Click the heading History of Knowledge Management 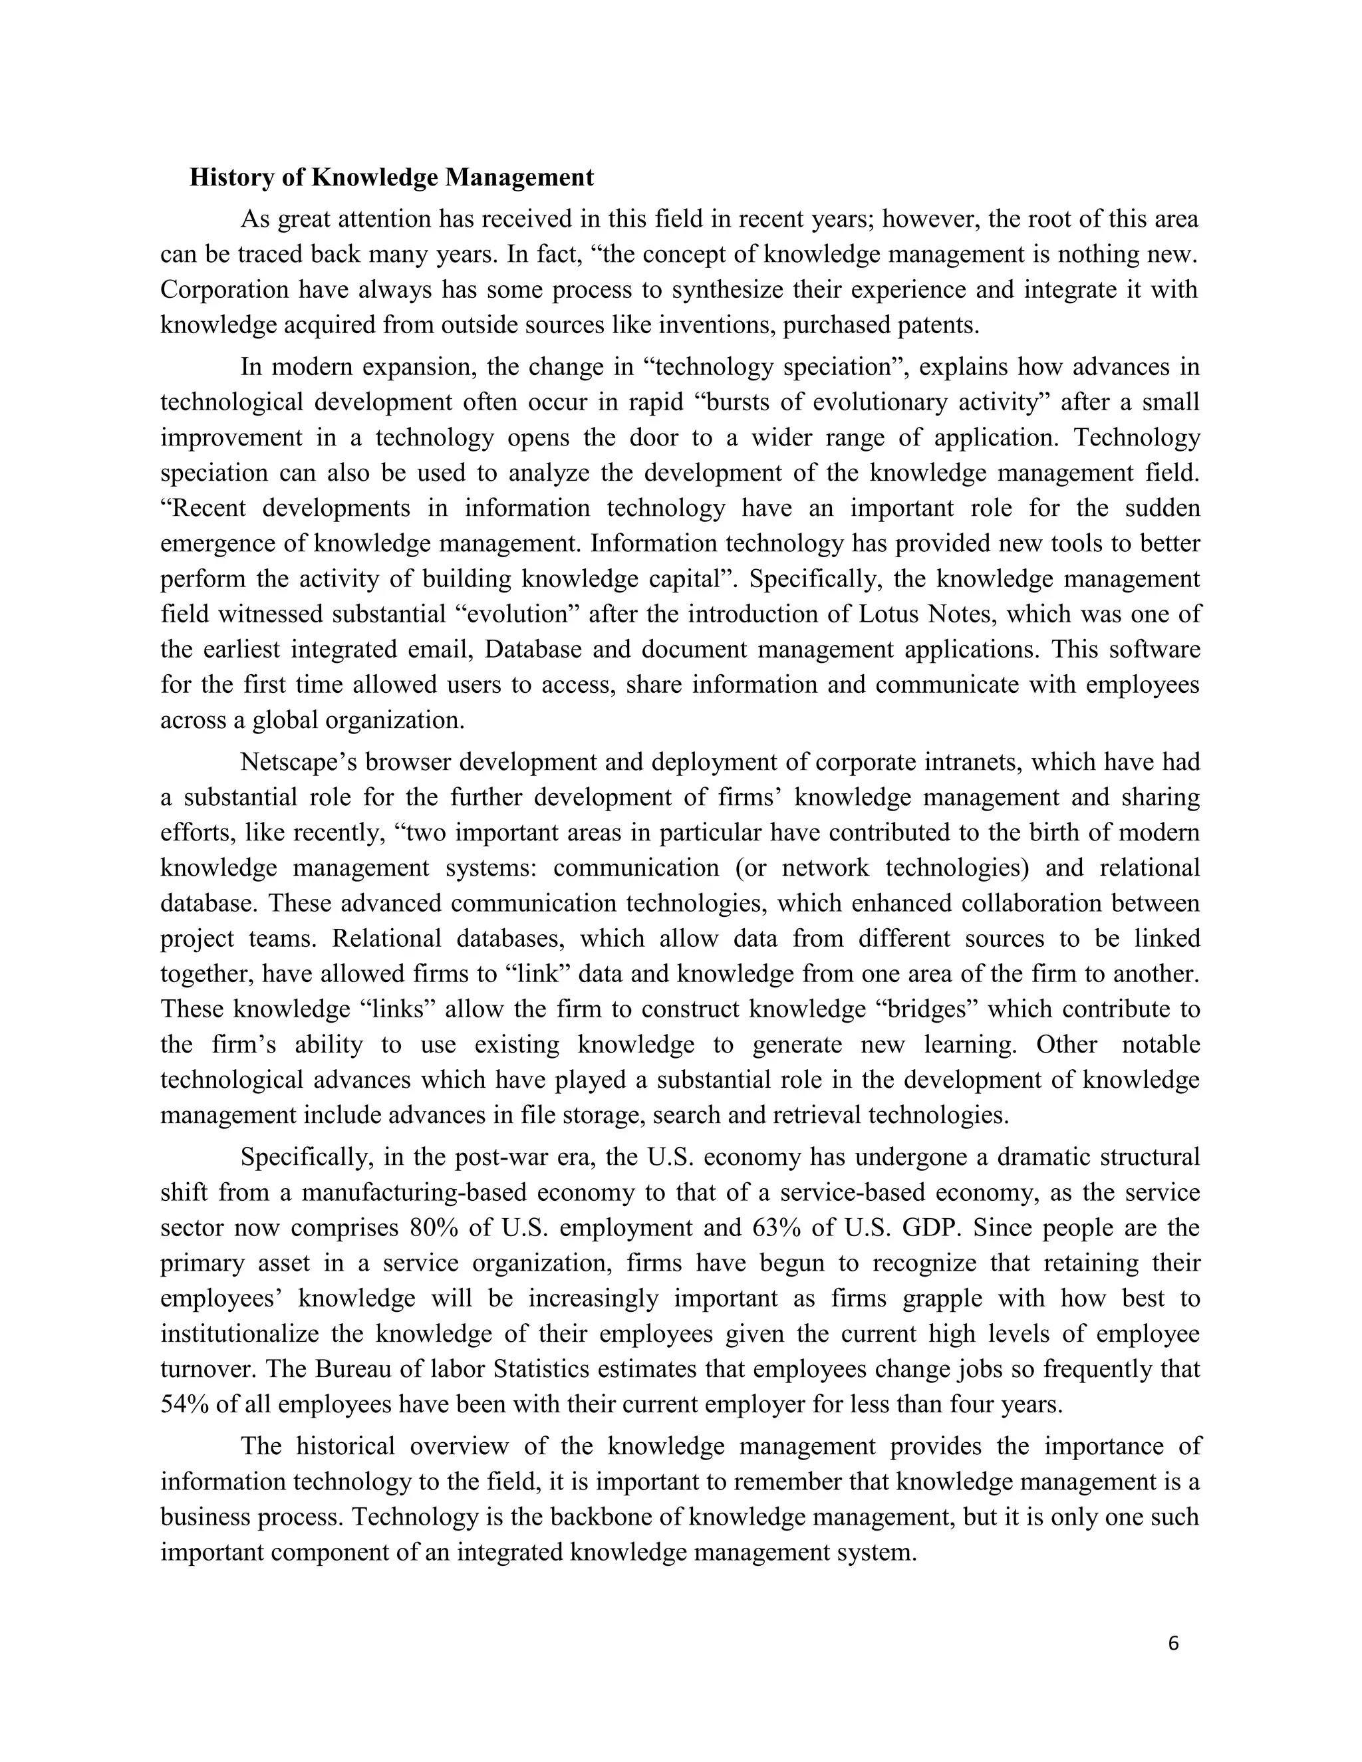391,178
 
